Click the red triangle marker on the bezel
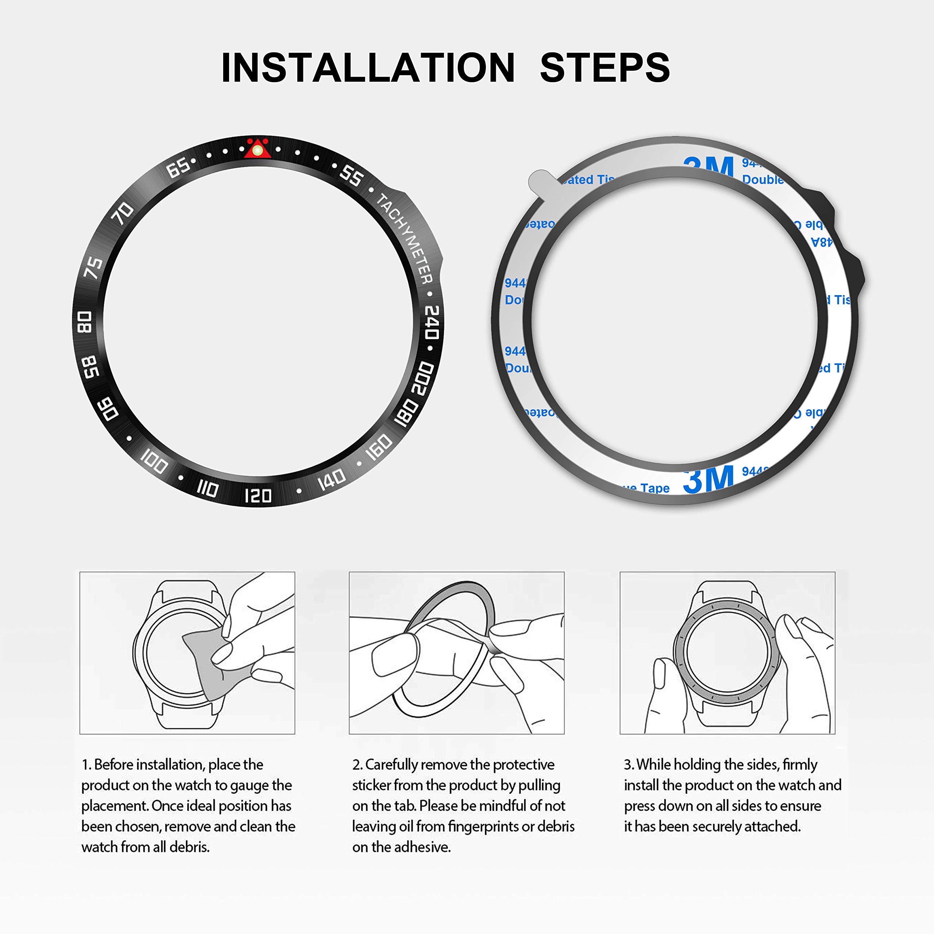(257, 149)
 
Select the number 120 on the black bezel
(258, 495)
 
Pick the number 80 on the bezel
(85, 322)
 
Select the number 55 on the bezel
(351, 175)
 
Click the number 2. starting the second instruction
(357, 765)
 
